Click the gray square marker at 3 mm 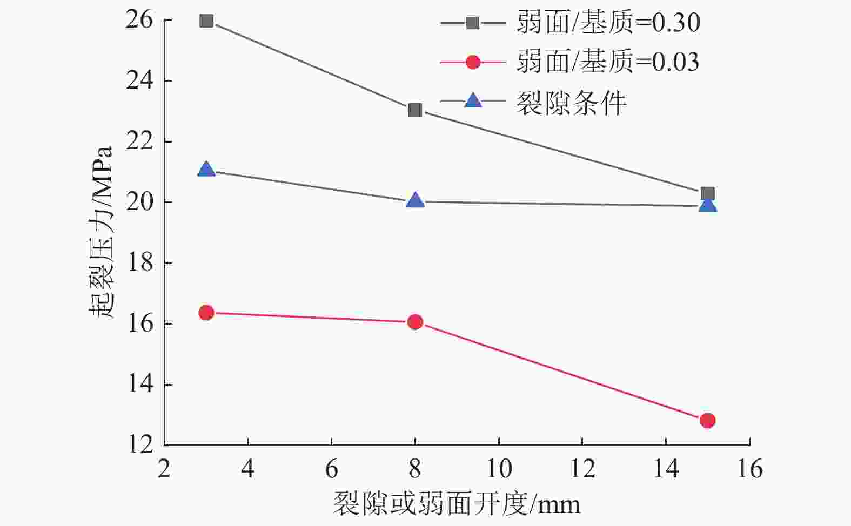tap(206, 21)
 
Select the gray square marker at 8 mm tap(415, 110)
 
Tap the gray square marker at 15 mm tap(708, 193)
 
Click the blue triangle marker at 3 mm tap(206, 170)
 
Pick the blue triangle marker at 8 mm tap(415, 201)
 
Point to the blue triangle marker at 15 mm tap(708, 205)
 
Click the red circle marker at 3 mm tap(206, 313)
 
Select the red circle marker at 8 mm tap(415, 322)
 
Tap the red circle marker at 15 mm tap(708, 420)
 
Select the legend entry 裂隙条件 tap(571, 102)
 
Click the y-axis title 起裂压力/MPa tap(101, 232)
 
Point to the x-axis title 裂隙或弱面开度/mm tap(457, 504)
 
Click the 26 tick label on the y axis tap(139, 20)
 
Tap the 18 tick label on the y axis tap(139, 263)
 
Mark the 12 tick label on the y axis tap(139, 445)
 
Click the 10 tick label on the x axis tap(498, 469)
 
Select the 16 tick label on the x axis tap(749, 469)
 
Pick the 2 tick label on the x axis tap(164, 469)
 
